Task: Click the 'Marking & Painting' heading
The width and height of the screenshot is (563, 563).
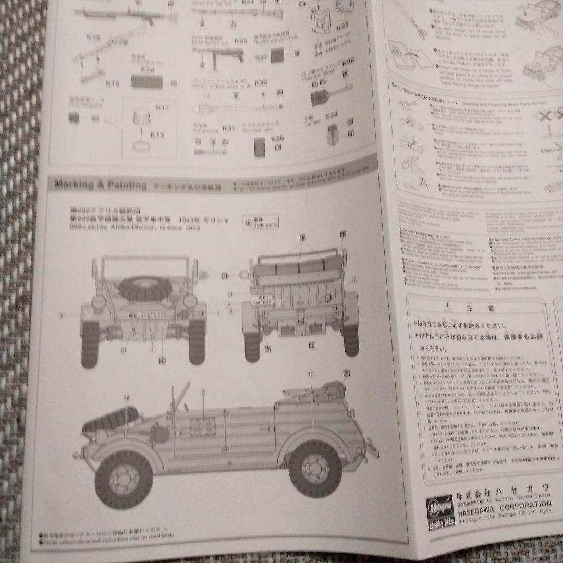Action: pyautogui.click(x=94, y=185)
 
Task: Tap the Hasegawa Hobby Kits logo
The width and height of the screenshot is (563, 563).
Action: pyautogui.click(x=437, y=513)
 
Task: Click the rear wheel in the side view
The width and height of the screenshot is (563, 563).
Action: pyautogui.click(x=316, y=467)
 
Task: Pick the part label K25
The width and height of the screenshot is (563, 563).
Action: pyautogui.click(x=240, y=40)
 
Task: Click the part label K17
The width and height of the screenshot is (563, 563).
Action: pyautogui.click(x=163, y=108)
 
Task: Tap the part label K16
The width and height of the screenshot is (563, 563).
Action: pyautogui.click(x=157, y=135)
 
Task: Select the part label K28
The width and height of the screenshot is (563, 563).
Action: pyautogui.click(x=332, y=114)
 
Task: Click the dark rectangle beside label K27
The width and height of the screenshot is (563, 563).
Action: pyautogui.click(x=277, y=55)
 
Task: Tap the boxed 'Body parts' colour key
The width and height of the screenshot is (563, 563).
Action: pyautogui.click(x=261, y=221)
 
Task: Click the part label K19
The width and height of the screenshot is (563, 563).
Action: pyautogui.click(x=113, y=82)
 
